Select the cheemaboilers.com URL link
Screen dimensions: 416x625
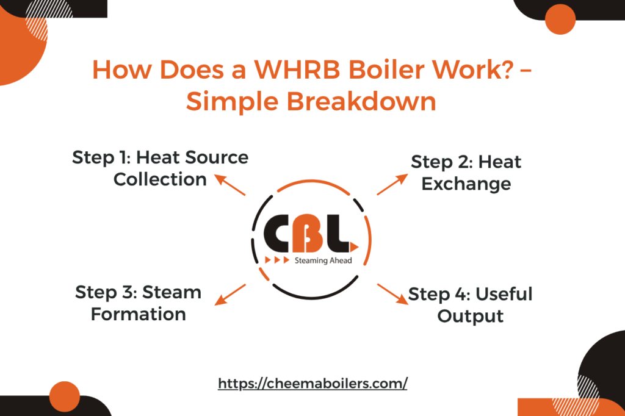click(312, 383)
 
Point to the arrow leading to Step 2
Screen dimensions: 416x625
click(392, 184)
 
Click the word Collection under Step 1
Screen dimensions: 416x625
click(160, 179)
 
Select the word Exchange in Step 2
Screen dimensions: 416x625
click(466, 184)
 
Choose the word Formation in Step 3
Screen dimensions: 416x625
click(139, 314)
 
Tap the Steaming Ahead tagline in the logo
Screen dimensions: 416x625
click(323, 260)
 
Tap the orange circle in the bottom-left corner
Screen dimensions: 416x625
click(64, 396)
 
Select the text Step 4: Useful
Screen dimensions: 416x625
click(470, 294)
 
